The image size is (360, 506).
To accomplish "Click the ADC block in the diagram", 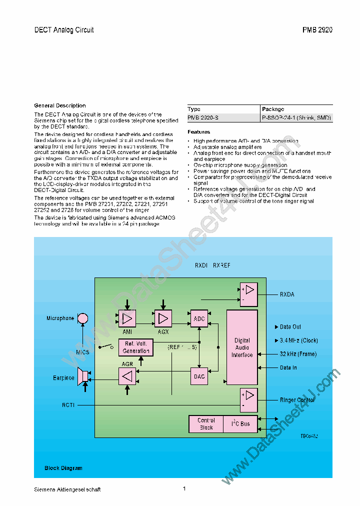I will (x=199, y=318).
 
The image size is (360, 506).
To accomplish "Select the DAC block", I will (x=199, y=376).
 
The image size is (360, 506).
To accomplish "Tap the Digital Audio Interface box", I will (x=242, y=347).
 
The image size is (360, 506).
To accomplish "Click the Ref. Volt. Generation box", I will (x=135, y=347).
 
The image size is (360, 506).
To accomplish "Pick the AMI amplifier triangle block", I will (x=127, y=318).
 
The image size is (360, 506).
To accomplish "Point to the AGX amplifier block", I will (x=162, y=318).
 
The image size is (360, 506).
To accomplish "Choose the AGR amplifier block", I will (x=127, y=376).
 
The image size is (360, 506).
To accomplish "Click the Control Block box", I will (x=205, y=424).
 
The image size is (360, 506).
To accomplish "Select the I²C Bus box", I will (x=240, y=424).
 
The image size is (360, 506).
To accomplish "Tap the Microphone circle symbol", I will (x=83, y=318).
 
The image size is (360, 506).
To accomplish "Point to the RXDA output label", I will (x=287, y=294).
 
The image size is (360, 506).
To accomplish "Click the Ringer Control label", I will (x=297, y=400).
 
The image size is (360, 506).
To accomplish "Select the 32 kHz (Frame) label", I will (x=298, y=354).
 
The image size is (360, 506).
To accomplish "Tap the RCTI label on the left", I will (x=68, y=405).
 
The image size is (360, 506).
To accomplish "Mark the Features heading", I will (x=199, y=132).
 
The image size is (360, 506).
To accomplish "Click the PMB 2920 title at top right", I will (x=317, y=30).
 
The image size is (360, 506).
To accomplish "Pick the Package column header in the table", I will (x=273, y=109).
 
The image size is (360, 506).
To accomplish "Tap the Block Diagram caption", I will (x=63, y=468).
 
